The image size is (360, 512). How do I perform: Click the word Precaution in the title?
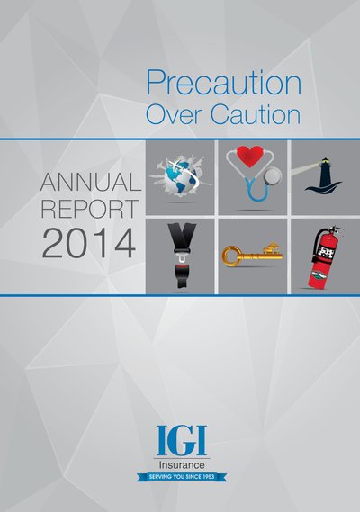click(223, 82)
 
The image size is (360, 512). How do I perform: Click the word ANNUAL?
click(91, 182)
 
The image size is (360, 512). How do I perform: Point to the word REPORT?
click(90, 209)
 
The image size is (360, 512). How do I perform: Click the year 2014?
click(88, 244)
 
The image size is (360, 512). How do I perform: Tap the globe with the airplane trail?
click(180, 177)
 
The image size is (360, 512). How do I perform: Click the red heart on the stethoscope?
click(250, 157)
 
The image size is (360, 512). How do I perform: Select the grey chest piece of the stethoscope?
click(272, 176)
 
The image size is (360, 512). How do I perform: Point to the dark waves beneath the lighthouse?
click(323, 188)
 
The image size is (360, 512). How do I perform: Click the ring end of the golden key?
click(231, 256)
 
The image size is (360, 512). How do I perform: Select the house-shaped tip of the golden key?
click(272, 249)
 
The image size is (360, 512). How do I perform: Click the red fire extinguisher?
click(323, 258)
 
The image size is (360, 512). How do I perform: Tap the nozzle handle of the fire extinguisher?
click(333, 230)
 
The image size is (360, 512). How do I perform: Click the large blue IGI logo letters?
click(182, 441)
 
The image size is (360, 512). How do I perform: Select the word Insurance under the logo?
click(182, 464)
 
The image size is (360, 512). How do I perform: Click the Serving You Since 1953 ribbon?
click(182, 477)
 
